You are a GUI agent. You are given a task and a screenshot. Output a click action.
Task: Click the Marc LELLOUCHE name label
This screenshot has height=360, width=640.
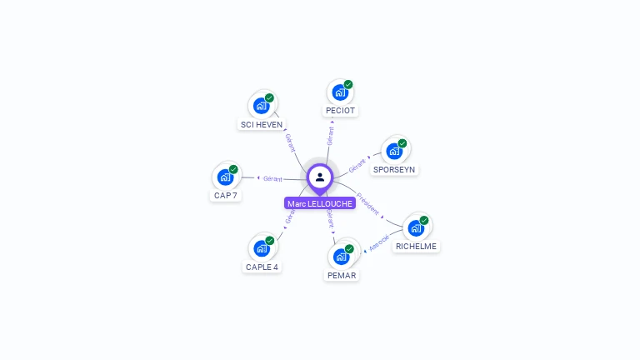pyautogui.click(x=320, y=203)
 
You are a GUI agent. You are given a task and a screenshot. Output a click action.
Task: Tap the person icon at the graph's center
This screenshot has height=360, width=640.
pyautogui.click(x=320, y=177)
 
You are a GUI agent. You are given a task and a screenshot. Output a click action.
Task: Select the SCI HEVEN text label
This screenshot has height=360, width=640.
pyautogui.click(x=262, y=125)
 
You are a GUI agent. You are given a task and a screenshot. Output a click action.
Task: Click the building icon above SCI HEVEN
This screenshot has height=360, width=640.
pyautogui.click(x=262, y=105)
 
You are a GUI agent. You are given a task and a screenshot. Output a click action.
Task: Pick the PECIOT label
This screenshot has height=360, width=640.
pyautogui.click(x=340, y=110)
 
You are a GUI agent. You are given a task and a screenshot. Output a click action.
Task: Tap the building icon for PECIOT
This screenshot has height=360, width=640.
pyautogui.click(x=340, y=92)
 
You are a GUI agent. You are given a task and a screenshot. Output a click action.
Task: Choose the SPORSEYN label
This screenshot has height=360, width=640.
pyautogui.click(x=394, y=169)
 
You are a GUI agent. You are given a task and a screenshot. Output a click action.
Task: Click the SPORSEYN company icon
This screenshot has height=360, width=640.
pyautogui.click(x=394, y=151)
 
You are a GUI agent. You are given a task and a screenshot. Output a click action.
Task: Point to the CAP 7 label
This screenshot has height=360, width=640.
pyautogui.click(x=225, y=196)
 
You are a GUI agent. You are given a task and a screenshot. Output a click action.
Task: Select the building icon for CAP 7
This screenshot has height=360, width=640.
pyautogui.click(x=225, y=177)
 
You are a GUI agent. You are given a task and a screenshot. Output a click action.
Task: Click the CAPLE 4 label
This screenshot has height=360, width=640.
pyautogui.click(x=262, y=267)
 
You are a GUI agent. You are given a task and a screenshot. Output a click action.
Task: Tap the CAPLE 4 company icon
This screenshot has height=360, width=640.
pyautogui.click(x=262, y=247)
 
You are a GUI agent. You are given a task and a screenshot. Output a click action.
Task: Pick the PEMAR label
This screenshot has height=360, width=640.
pyautogui.click(x=342, y=275)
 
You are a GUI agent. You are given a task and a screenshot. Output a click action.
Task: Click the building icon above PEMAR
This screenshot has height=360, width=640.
pyautogui.click(x=342, y=256)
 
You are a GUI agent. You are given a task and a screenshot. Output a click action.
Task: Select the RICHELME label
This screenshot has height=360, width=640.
pyautogui.click(x=416, y=246)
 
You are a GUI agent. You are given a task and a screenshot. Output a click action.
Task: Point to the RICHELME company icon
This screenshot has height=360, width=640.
pyautogui.click(x=416, y=227)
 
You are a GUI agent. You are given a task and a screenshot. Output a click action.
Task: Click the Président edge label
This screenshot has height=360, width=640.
pyautogui.click(x=367, y=205)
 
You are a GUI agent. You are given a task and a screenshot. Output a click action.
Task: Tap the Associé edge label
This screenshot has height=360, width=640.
pyautogui.click(x=379, y=242)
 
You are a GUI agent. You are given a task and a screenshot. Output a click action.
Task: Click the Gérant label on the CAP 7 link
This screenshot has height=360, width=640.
pyautogui.click(x=272, y=178)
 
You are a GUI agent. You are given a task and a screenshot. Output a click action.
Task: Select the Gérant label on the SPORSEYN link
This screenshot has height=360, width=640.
pyautogui.click(x=357, y=164)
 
